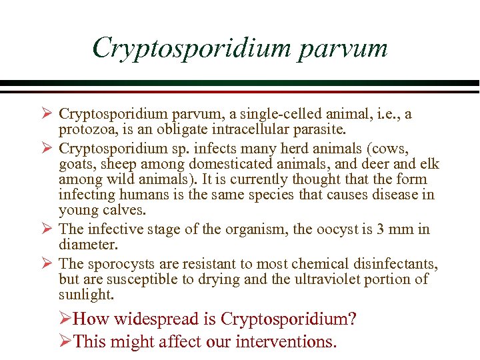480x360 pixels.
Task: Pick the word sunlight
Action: (86, 295)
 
